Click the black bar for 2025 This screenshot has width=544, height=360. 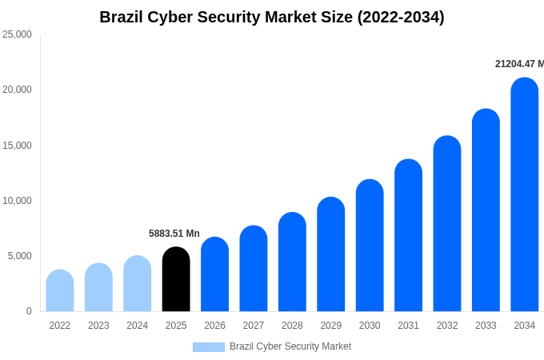[x=176, y=279]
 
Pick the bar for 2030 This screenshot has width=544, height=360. [x=370, y=246]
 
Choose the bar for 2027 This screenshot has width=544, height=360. [x=254, y=269]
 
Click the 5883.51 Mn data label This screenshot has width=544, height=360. [x=174, y=234]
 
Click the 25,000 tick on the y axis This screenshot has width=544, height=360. [x=17, y=34]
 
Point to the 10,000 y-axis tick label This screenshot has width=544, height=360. [x=17, y=200]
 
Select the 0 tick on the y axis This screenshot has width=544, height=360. [x=29, y=311]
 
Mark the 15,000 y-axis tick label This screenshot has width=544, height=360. [x=17, y=145]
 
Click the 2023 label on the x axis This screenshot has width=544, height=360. [x=98, y=326]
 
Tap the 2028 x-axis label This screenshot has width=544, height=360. [x=292, y=326]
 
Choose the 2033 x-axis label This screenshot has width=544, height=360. [x=486, y=326]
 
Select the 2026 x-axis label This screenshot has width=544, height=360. [x=214, y=326]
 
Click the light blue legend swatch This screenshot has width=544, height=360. [x=208, y=346]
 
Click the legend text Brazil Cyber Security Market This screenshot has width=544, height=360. [x=290, y=346]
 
